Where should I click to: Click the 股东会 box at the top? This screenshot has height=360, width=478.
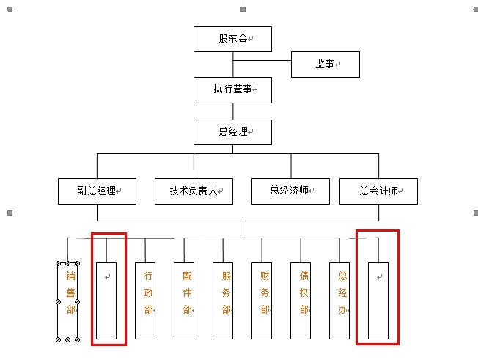click(x=232, y=39)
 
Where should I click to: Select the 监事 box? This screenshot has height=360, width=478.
click(x=326, y=64)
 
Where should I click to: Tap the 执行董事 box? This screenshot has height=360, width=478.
click(x=232, y=89)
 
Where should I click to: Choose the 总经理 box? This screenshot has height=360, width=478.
click(x=232, y=132)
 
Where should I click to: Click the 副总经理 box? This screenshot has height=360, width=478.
click(x=98, y=191)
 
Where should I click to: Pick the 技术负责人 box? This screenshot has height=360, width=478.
click(x=194, y=191)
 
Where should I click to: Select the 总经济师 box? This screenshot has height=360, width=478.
click(x=290, y=191)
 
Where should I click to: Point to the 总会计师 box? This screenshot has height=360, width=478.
click(x=378, y=191)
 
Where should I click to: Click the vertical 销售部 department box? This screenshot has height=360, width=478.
click(x=68, y=301)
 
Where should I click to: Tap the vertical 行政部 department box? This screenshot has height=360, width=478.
click(x=145, y=301)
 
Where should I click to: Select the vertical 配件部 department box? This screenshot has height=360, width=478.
click(x=184, y=301)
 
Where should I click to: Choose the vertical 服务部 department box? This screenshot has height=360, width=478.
click(x=223, y=301)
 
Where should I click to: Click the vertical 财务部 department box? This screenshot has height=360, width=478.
click(x=262, y=301)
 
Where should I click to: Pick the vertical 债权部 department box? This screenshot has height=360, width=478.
click(x=301, y=301)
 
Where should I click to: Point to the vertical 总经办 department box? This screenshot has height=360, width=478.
click(x=339, y=301)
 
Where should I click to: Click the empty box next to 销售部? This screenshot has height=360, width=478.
click(x=106, y=301)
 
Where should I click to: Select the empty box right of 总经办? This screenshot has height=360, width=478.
click(x=378, y=301)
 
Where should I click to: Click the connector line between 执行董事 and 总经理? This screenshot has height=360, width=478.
click(x=233, y=111)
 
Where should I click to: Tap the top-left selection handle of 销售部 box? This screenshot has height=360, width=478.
click(x=58, y=262)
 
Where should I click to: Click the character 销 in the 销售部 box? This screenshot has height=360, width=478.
click(x=70, y=276)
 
